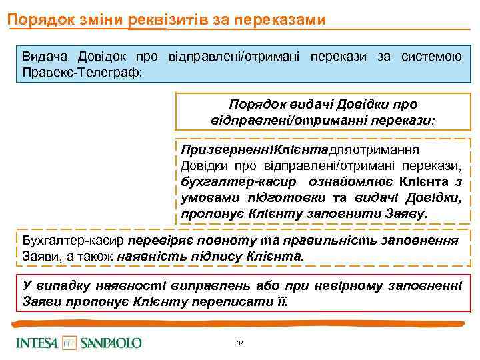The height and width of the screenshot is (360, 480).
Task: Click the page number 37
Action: coord(240,343)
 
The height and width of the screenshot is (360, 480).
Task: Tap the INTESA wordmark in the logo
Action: coord(37,343)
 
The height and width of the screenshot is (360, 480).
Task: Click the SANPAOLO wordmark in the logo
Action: coord(111,343)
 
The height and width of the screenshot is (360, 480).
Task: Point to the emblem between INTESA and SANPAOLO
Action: coord(70,343)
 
